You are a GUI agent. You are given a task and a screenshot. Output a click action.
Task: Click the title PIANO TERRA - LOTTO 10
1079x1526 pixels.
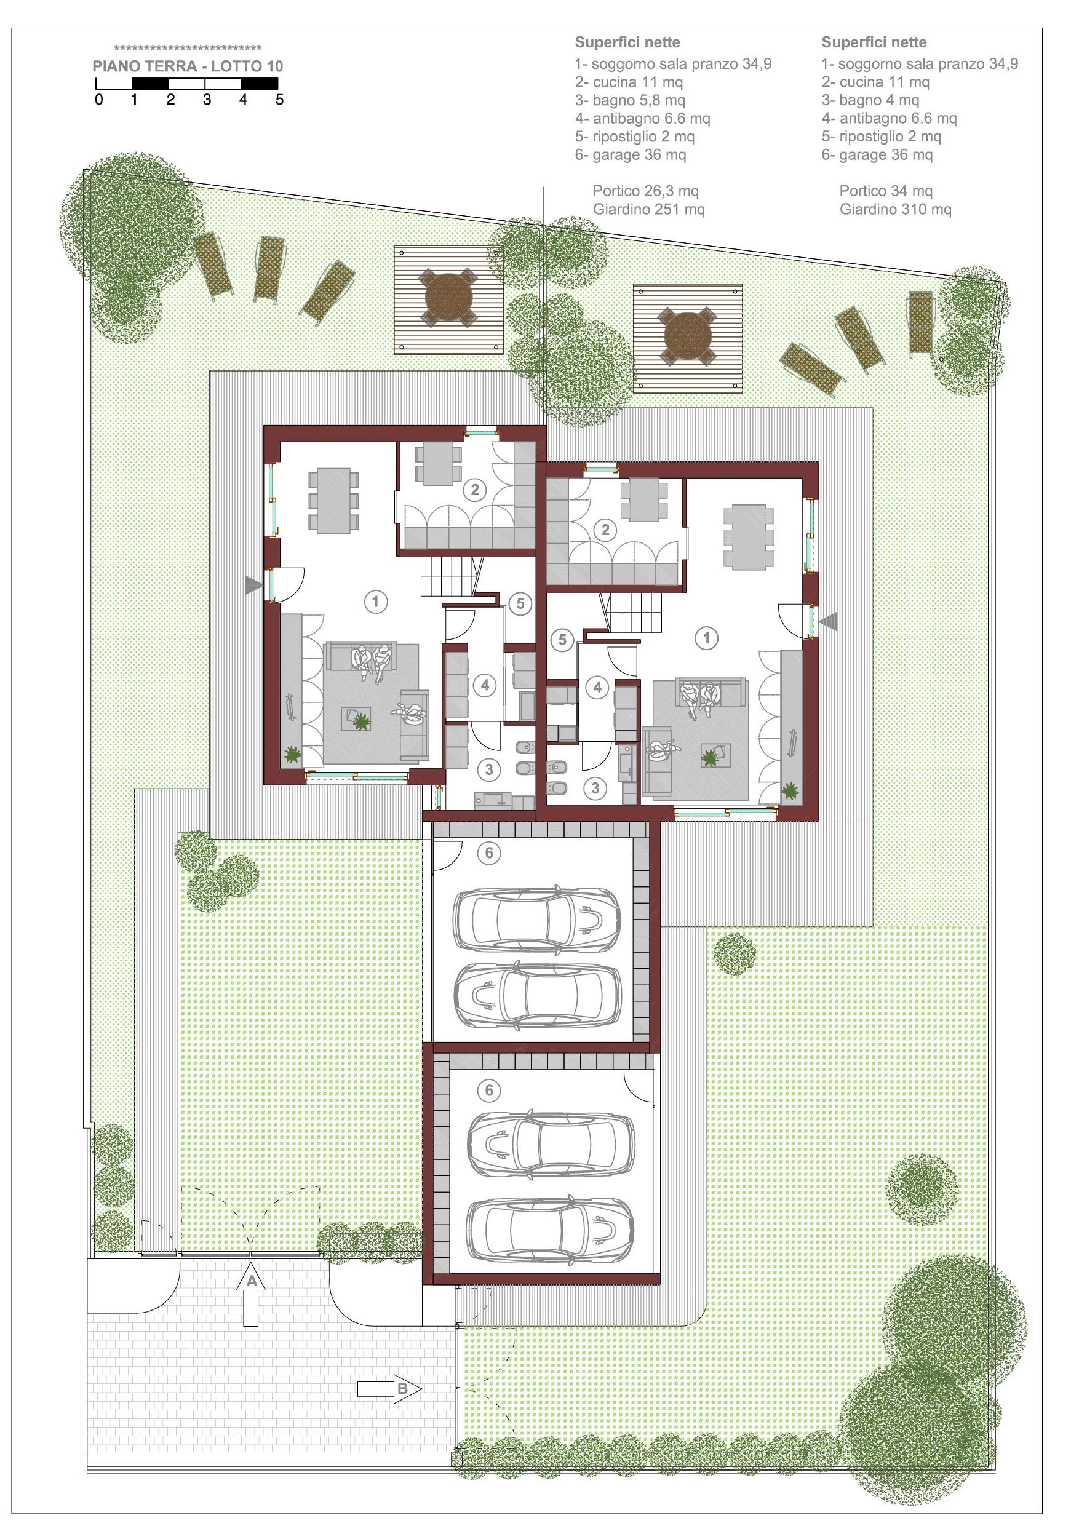click(x=188, y=66)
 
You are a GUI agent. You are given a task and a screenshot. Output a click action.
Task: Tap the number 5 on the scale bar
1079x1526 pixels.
click(x=279, y=100)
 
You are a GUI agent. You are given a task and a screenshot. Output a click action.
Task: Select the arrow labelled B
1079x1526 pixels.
click(x=389, y=1388)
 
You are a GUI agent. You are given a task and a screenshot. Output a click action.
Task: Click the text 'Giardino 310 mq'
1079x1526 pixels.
click(x=895, y=209)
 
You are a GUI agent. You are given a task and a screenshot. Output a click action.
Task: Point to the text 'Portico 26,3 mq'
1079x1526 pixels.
click(x=645, y=191)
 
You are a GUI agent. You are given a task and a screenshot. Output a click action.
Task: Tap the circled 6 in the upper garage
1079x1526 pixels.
click(x=489, y=852)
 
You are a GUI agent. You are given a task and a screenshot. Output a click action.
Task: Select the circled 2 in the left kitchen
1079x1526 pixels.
click(x=475, y=490)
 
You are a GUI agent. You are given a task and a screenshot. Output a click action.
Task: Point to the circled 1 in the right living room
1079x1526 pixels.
click(x=706, y=638)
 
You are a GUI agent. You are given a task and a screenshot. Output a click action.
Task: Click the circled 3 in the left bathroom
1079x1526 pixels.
click(x=489, y=769)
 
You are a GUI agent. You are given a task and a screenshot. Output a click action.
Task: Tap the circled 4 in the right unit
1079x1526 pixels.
click(x=598, y=687)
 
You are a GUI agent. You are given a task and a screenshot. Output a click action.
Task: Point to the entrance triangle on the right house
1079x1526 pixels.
click(x=829, y=621)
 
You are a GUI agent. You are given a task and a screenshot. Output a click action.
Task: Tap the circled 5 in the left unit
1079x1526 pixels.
click(x=520, y=603)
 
